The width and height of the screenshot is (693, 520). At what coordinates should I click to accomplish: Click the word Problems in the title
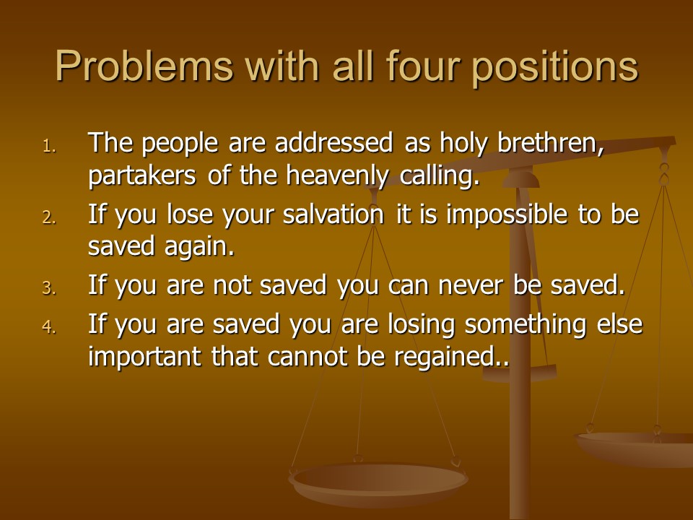(144, 66)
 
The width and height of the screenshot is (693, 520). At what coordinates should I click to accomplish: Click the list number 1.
(50, 146)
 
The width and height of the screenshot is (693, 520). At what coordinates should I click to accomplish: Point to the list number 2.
(50, 217)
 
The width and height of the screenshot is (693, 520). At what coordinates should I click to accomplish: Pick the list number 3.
(50, 288)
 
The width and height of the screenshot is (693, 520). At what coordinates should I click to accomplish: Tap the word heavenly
(337, 176)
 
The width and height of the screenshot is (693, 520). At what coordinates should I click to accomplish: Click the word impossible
(507, 215)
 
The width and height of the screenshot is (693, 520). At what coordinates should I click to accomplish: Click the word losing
(421, 325)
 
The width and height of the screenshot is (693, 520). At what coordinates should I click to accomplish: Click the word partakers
(142, 176)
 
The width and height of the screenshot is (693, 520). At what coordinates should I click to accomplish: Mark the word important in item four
(145, 357)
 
